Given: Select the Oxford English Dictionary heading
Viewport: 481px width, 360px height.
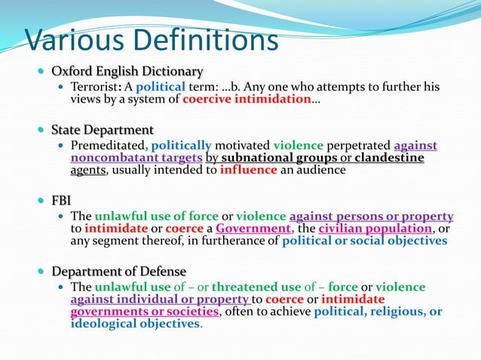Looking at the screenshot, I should click(127, 72).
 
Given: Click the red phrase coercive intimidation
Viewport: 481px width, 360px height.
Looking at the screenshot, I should click(247, 99).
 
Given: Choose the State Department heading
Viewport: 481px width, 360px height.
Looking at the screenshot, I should click(103, 130).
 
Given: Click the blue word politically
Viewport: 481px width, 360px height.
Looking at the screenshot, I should click(182, 145).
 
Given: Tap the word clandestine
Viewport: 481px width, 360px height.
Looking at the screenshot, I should click(389, 157).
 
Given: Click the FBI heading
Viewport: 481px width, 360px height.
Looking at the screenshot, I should click(61, 201).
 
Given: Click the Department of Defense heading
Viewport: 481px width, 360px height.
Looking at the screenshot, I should click(119, 271).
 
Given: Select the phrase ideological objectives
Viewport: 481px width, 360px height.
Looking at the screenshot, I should click(136, 324).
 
